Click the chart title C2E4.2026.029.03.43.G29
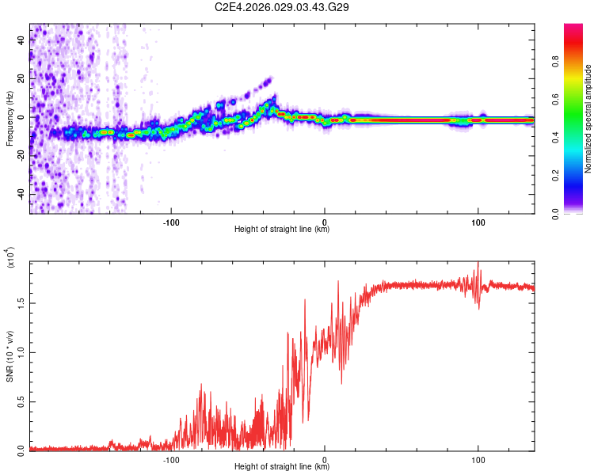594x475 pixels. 287,7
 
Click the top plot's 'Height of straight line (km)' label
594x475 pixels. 282,230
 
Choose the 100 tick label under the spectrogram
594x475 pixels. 478,221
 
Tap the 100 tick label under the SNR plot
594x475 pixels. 478,458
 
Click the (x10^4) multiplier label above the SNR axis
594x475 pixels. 10,258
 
